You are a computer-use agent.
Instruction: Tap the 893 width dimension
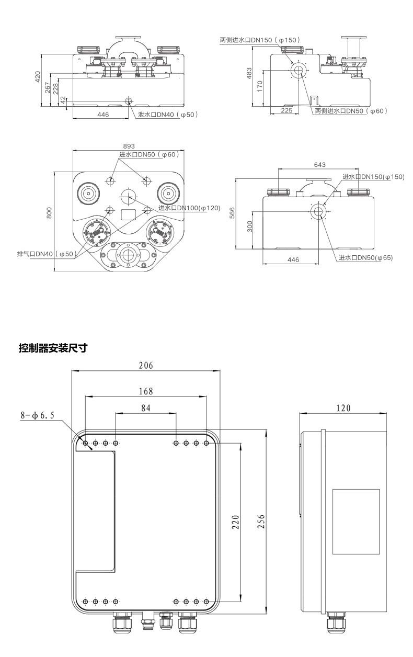pos(128,146)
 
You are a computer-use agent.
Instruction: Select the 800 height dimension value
pos(49,213)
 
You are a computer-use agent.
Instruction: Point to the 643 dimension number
pos(319,164)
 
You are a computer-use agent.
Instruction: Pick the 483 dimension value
pos(249,73)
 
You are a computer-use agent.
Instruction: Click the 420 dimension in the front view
pos(37,77)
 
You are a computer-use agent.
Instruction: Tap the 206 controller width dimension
pos(146,366)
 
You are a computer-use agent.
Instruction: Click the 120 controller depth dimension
pos(343,408)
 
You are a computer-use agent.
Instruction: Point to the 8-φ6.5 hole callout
pos(38,416)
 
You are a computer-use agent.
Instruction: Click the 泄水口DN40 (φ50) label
pos(167,114)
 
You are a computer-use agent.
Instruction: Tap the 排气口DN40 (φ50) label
pos(47,254)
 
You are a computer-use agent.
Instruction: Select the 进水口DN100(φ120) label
pos(189,208)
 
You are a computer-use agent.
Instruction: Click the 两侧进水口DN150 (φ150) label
pos(260,39)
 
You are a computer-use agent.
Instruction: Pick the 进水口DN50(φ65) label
pos(365,257)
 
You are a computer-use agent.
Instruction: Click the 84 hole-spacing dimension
pos(146,408)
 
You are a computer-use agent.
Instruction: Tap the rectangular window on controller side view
pos(356,522)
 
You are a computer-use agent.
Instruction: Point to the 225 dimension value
pos(286,111)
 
